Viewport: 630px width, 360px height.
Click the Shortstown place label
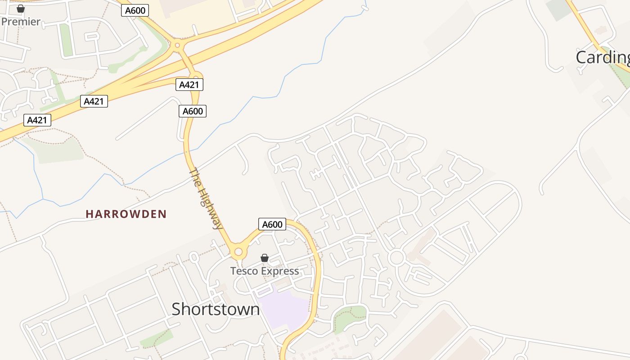tap(216, 309)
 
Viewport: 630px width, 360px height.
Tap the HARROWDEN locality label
tap(126, 214)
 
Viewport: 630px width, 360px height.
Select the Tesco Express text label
tap(264, 271)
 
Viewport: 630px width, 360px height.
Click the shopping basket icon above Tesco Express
tap(265, 258)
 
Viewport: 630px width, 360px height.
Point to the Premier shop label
tap(21, 22)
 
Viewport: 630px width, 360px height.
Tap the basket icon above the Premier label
tap(20, 9)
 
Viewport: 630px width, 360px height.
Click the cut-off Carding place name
tap(603, 57)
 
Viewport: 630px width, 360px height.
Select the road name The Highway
tap(206, 198)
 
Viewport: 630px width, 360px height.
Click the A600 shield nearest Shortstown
tap(272, 224)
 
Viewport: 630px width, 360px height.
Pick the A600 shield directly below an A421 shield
tap(193, 111)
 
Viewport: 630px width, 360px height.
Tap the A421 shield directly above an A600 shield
tap(189, 85)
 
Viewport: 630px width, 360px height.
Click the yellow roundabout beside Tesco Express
tap(238, 252)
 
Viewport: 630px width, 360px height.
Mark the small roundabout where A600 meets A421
tap(177, 45)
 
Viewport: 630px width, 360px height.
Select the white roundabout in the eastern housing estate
tap(396, 258)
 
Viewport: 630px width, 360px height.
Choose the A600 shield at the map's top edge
tap(135, 10)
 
